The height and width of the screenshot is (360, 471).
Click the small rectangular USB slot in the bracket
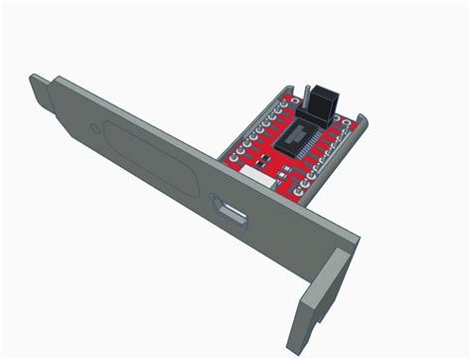pyautogui.click(x=234, y=211)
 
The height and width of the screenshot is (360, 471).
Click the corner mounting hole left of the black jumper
pyautogui.click(x=285, y=102)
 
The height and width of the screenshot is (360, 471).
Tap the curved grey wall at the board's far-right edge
pyautogui.click(x=366, y=124)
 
